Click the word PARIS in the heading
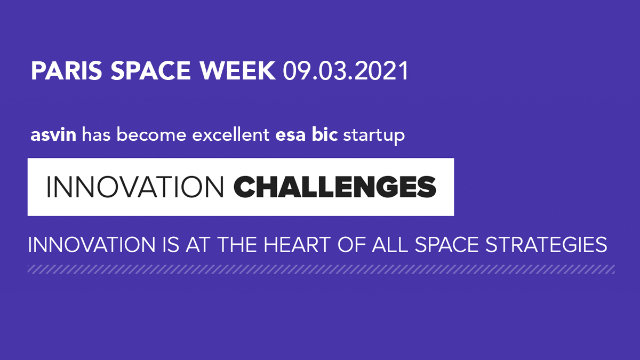click(66, 70)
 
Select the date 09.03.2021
click(346, 70)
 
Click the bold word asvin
click(53, 134)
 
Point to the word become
click(151, 134)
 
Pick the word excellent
click(231, 134)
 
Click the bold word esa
click(290, 135)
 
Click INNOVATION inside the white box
click(135, 187)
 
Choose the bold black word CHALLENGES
click(335, 187)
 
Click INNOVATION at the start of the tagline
click(91, 245)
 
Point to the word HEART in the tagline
click(297, 245)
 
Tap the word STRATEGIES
click(546, 245)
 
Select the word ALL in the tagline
click(390, 245)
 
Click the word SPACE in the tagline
click(446, 245)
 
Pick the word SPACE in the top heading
click(150, 70)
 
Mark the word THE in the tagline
click(237, 245)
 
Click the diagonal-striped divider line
click(321, 269)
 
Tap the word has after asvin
click(97, 134)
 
